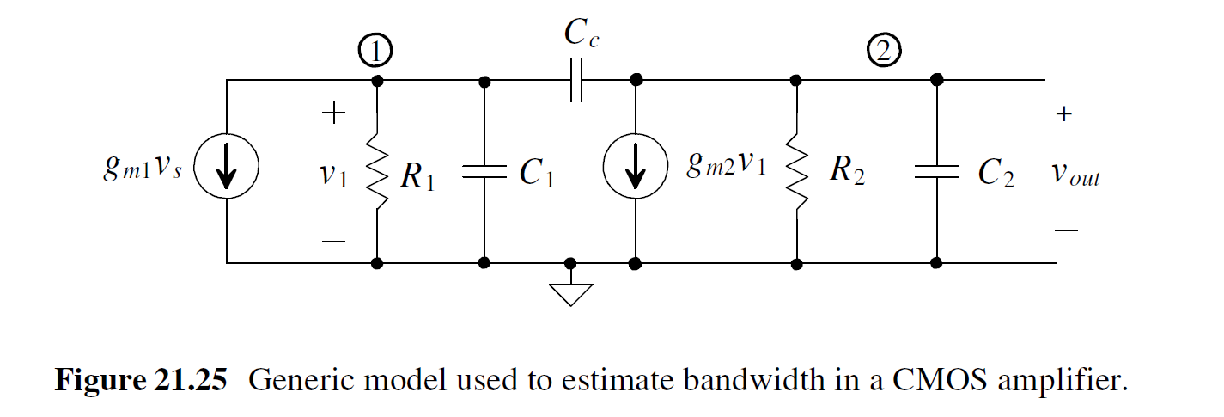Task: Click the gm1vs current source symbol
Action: coord(227,172)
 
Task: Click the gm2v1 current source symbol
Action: coord(635,172)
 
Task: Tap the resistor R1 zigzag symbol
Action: coord(377,172)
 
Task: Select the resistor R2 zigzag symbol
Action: coord(797,172)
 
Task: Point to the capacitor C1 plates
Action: coord(484,172)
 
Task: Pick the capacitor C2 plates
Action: coord(936,172)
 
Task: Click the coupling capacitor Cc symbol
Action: coord(575,81)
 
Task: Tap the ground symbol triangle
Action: coord(570,293)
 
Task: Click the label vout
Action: coord(1075,175)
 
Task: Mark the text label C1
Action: coord(537,174)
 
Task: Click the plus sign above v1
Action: coord(333,113)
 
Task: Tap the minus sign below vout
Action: coord(1065,230)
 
